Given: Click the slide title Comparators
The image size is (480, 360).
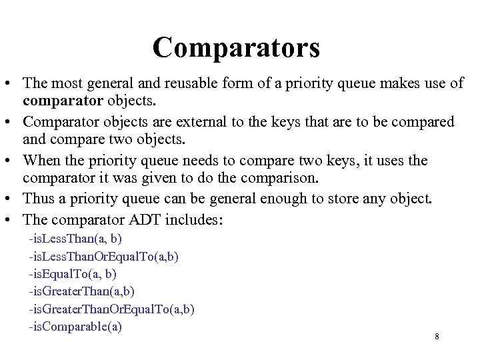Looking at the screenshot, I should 236,47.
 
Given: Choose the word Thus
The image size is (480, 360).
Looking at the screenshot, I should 37,199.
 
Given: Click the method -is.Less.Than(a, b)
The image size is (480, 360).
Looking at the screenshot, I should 75,238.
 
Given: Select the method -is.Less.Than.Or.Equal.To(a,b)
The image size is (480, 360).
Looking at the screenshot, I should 103,256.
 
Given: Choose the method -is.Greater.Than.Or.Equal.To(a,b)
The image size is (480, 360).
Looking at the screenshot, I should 111,309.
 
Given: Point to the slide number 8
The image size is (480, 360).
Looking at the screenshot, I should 437,337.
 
